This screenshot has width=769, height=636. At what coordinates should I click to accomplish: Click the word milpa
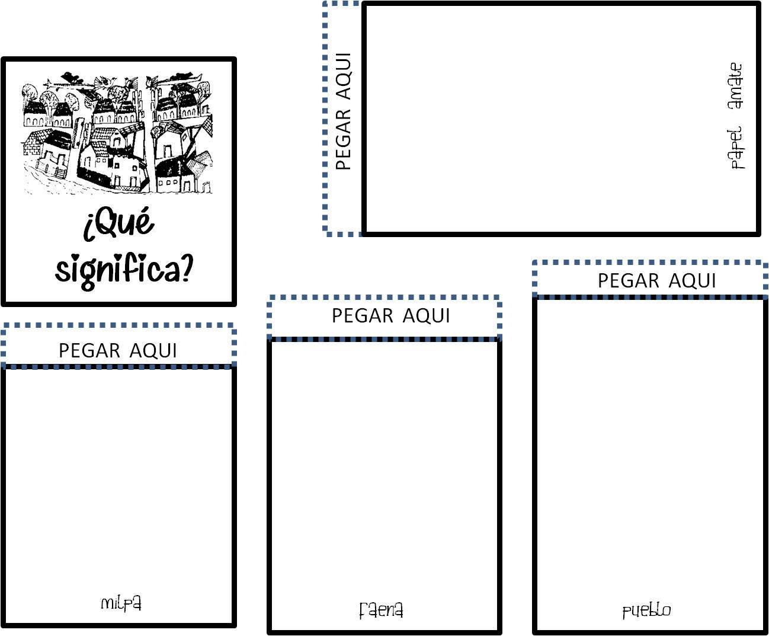pos(121,603)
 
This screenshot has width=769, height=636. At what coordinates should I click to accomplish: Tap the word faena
pos(382,610)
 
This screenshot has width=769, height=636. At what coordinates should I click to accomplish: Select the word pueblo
pos(646,611)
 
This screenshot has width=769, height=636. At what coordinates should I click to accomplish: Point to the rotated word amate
pos(735,86)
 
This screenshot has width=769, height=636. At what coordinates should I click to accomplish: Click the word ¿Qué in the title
pos(119,223)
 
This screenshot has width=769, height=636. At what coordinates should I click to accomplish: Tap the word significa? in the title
pos(124,270)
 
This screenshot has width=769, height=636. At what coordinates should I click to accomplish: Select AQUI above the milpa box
pos(153,350)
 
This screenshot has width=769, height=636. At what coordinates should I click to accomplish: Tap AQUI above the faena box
pos(426,315)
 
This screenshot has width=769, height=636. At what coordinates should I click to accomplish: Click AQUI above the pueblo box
pos(693,280)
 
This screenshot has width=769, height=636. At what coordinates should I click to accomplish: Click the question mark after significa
pos(186,270)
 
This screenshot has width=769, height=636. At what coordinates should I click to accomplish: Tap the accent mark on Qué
pos(145,210)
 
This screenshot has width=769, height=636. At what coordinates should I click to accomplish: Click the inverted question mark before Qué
pos(88,229)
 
